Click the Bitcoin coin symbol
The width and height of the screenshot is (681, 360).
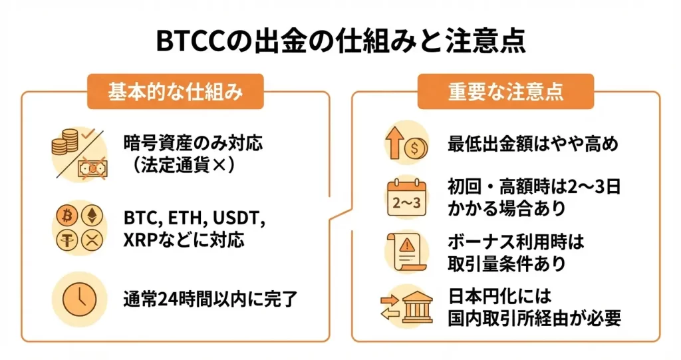point(66,216)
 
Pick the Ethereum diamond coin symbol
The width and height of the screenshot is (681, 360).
point(88,216)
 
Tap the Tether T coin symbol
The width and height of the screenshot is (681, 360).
point(66,240)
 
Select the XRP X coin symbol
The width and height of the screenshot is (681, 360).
point(88,240)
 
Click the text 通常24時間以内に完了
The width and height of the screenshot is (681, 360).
point(209,297)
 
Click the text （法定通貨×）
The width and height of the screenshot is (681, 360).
point(175,164)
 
